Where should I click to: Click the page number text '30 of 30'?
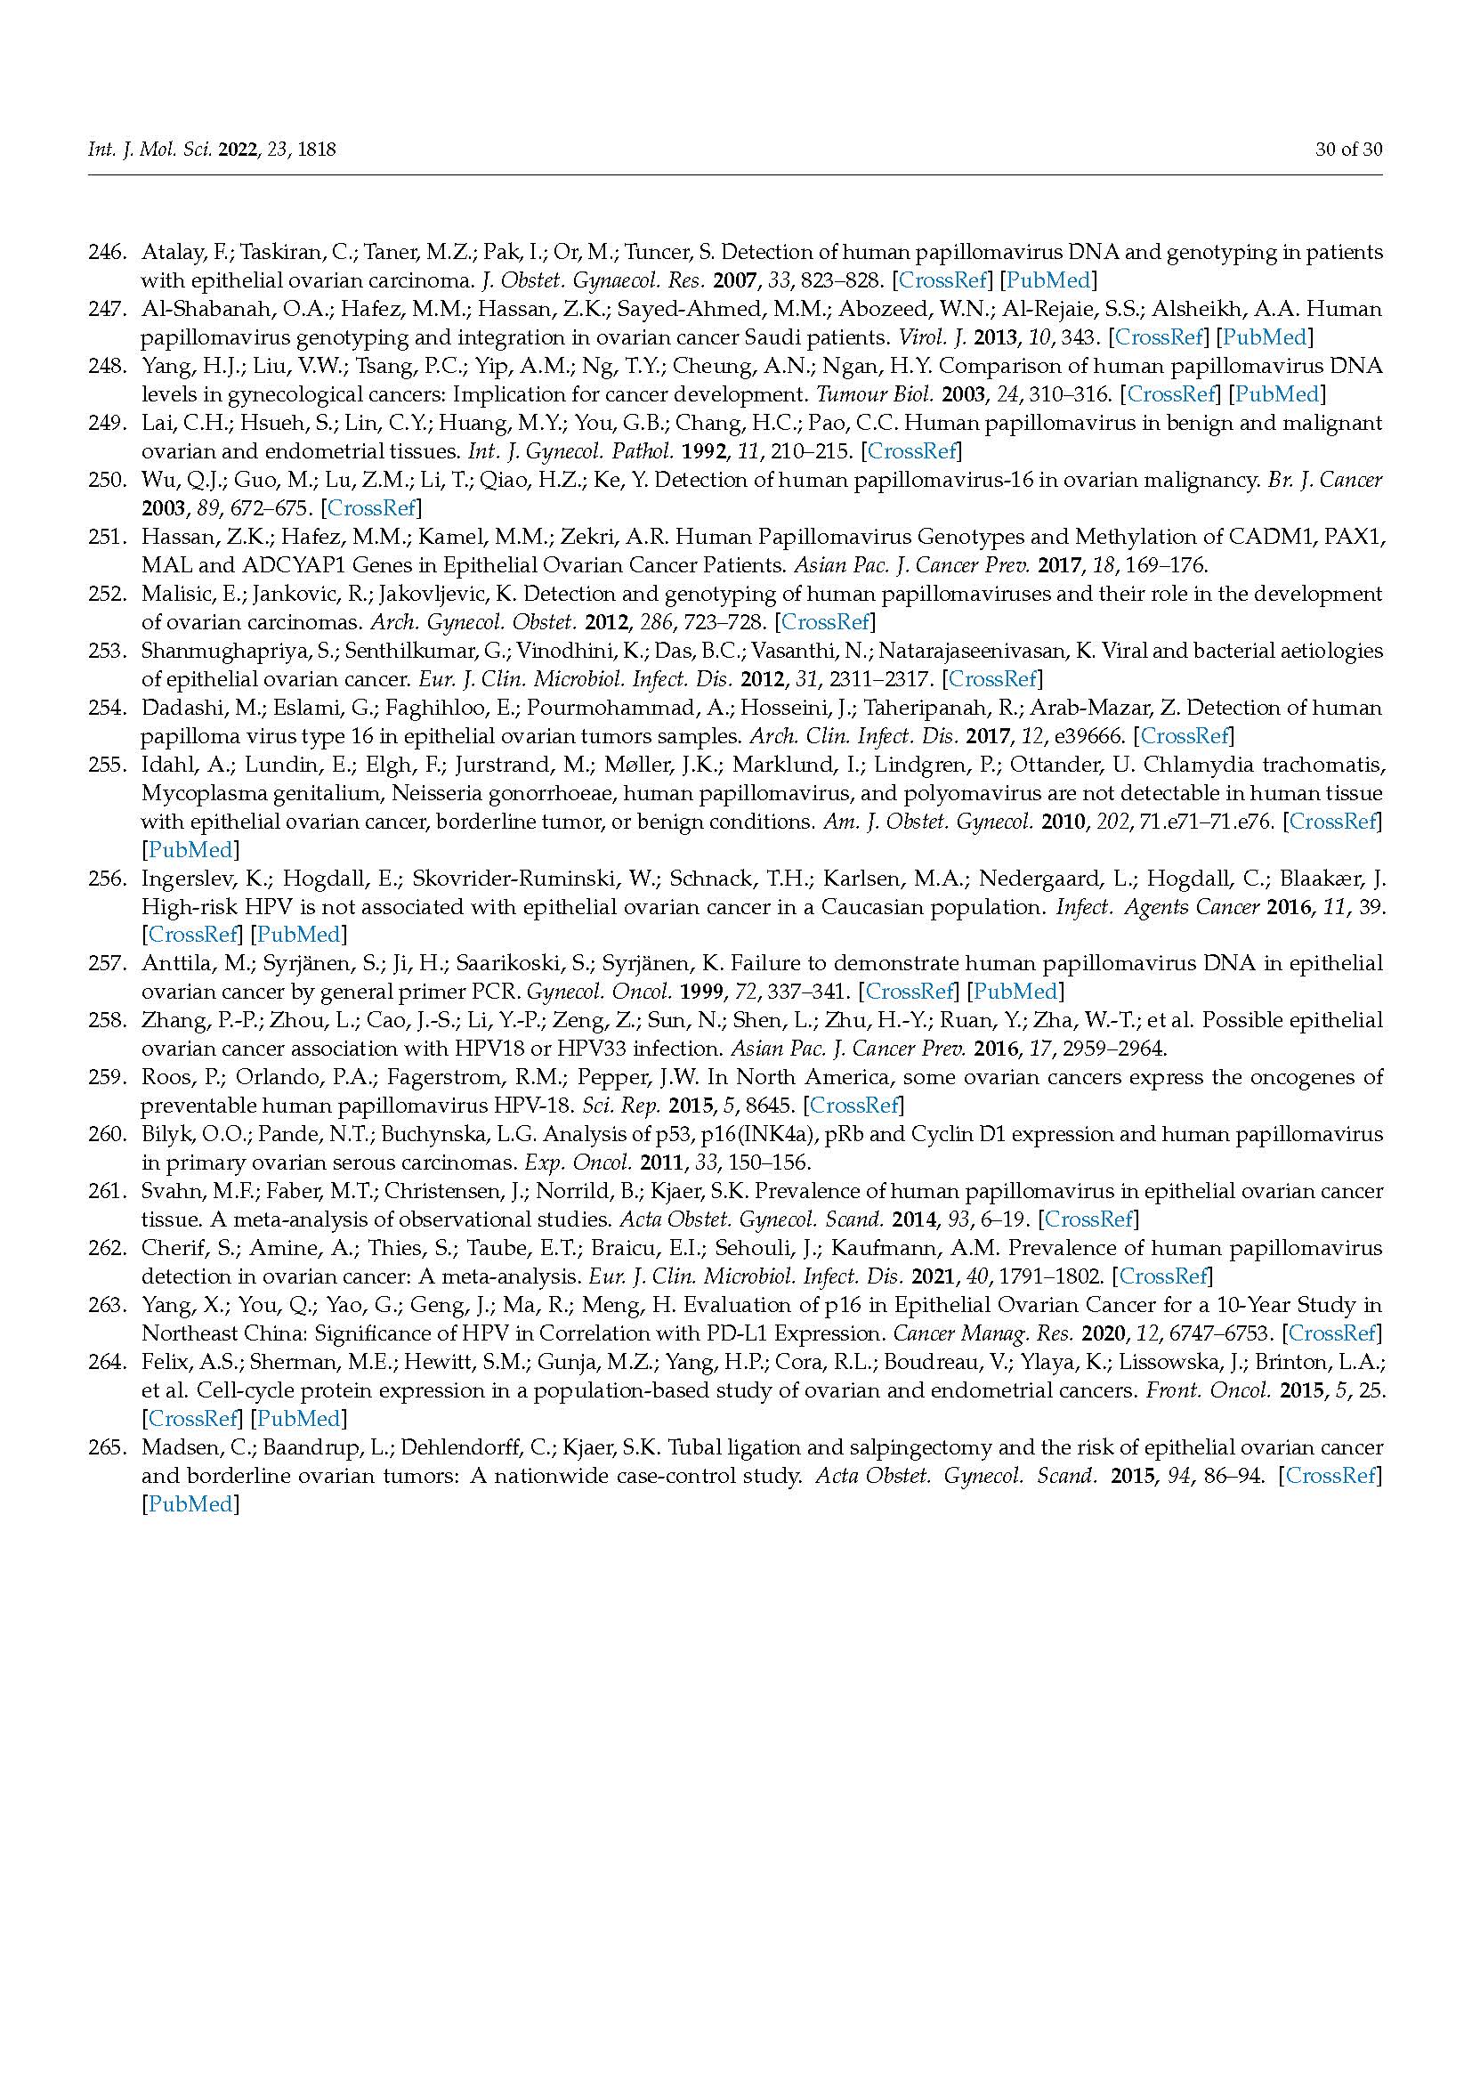(1348, 150)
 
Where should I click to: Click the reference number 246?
(106, 252)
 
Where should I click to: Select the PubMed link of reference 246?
(1047, 280)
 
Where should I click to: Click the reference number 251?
(106, 537)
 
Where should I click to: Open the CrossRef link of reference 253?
(992, 678)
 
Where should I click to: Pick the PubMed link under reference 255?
(190, 850)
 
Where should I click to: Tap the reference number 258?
(106, 1020)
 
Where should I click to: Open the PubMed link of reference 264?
(299, 1418)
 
